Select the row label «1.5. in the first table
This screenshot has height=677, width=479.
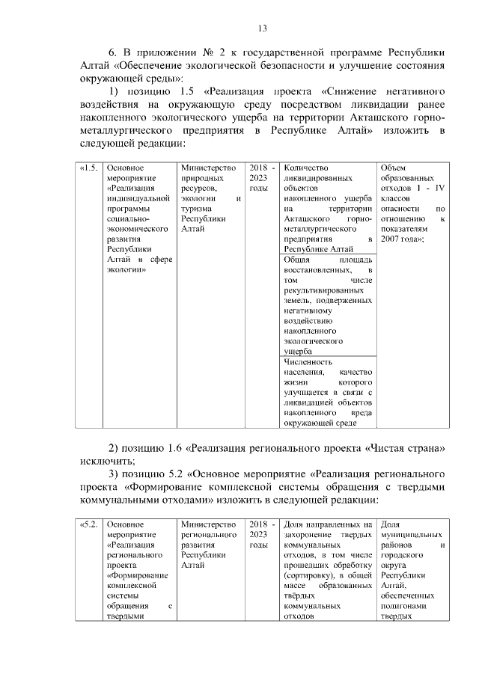coord(88,168)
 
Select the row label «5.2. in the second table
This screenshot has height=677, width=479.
coord(88,524)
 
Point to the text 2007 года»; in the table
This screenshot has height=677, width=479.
coord(404,239)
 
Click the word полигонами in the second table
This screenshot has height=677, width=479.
coord(404,605)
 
